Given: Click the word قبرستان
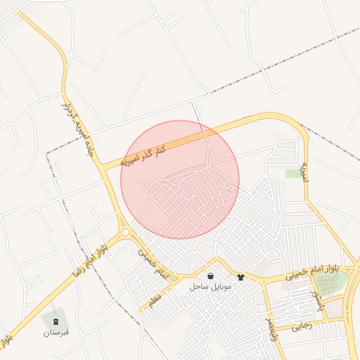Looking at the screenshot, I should [x=56, y=332].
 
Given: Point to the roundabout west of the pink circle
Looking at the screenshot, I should [x=125, y=232].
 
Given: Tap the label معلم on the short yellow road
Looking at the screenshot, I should [x=153, y=300].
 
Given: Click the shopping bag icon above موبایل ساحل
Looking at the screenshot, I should [x=211, y=276].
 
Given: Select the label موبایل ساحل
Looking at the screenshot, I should [x=209, y=288].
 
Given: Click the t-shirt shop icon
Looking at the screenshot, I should [x=241, y=277].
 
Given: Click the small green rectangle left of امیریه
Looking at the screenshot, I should [x=292, y=173].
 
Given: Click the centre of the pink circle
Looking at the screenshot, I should [x=180, y=179].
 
